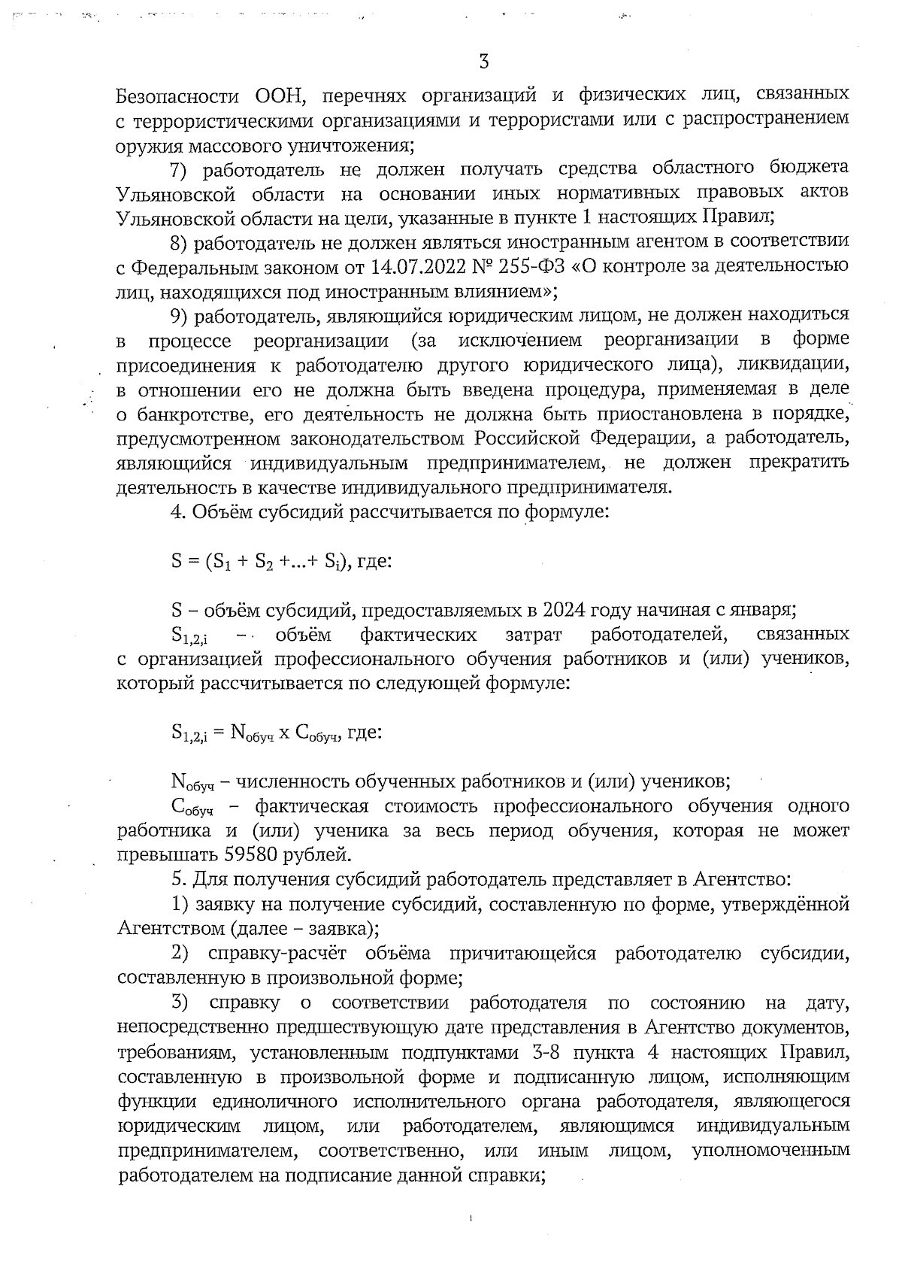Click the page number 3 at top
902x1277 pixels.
484,62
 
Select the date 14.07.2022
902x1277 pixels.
412,266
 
